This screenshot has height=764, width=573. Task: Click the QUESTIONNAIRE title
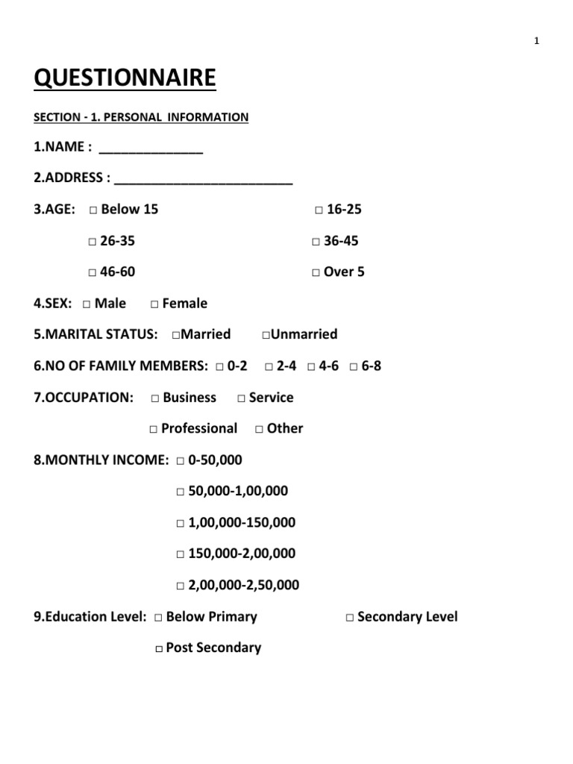pos(125,78)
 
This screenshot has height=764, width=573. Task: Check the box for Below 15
pos(93,210)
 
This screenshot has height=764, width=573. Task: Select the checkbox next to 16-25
pos(319,210)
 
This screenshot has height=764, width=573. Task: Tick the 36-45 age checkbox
pos(316,242)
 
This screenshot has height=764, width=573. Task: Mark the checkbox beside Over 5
pos(316,273)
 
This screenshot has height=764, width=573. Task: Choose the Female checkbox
pos(154,304)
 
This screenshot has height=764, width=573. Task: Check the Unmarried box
pos(266,335)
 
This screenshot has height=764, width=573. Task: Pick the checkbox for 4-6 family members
pos(310,367)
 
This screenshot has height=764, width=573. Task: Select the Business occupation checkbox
pos(154,398)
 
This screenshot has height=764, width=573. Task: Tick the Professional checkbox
pos(153,430)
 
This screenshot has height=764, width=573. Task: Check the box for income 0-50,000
pos(181,461)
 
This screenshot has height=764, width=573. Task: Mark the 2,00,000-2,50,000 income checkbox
pos(181,586)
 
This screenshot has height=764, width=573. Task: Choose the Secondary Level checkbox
pos(349,618)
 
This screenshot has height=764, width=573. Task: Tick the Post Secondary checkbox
pos(159,649)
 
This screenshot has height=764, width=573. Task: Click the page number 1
pos(536,41)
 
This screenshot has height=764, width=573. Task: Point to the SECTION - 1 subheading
pos(141,117)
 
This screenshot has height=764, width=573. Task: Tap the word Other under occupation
pos(285,428)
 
